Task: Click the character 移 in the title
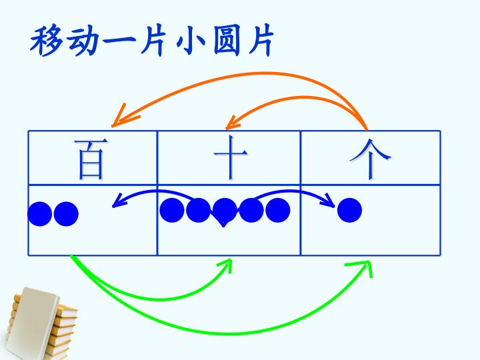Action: (x=46, y=41)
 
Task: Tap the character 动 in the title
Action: (x=83, y=41)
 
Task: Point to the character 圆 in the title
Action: (x=227, y=41)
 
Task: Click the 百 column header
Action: (x=91, y=159)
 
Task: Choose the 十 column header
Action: (x=230, y=157)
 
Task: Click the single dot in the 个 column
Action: (x=349, y=210)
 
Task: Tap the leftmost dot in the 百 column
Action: (x=40, y=214)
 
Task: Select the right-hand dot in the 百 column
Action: (x=66, y=214)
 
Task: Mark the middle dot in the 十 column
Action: (x=225, y=211)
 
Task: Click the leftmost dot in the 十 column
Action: (x=172, y=210)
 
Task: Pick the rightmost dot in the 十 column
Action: (x=277, y=210)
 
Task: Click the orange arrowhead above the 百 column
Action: (x=123, y=116)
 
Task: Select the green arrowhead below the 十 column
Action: (x=226, y=265)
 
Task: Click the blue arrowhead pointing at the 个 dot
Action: (x=330, y=201)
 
